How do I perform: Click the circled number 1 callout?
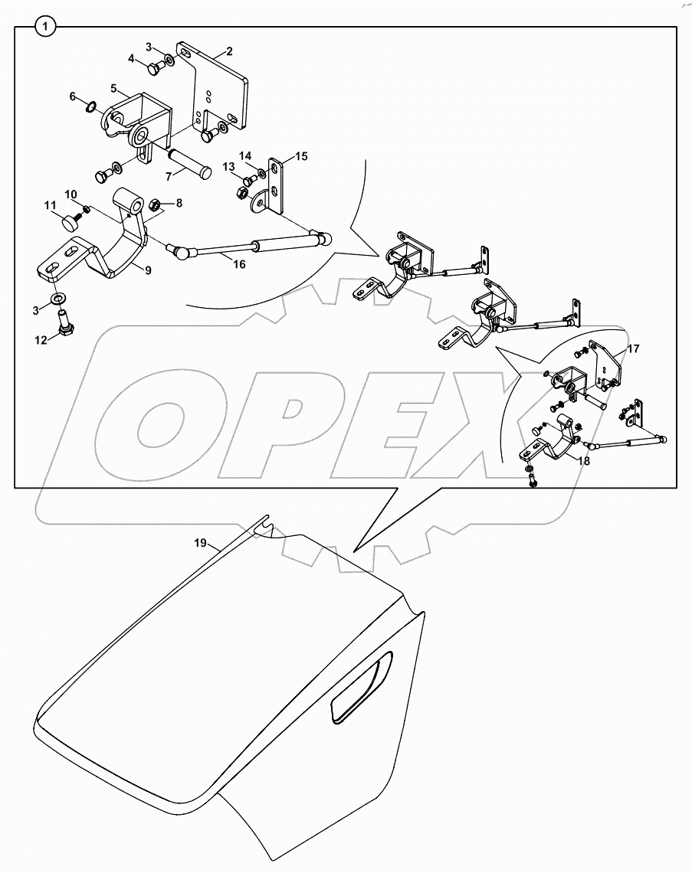point(45,27)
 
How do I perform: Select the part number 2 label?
point(229,51)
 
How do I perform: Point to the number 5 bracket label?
point(113,89)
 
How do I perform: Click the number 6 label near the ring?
point(73,96)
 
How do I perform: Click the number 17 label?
point(632,348)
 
